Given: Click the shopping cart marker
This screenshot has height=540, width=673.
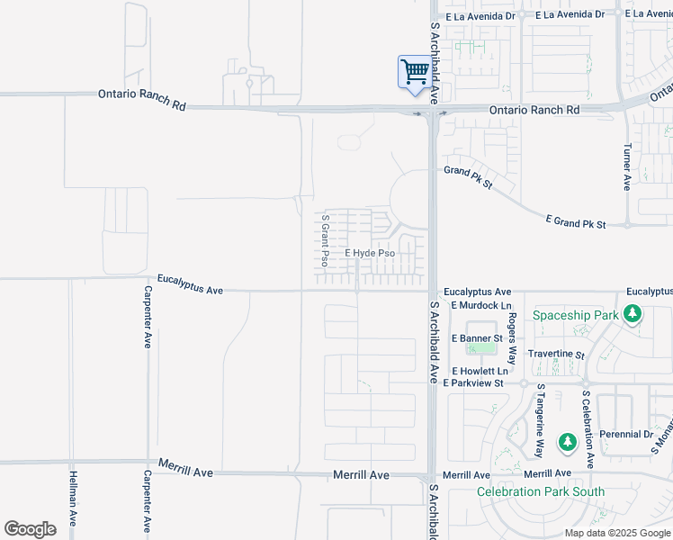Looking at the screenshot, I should coord(414,72).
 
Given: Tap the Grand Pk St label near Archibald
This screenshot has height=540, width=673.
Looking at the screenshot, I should coord(469,177).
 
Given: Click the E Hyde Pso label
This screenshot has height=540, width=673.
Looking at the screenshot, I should coord(371,254).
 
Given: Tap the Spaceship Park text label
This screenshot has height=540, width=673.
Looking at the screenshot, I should coord(576,315).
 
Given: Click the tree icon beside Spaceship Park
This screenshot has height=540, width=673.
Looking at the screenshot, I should coord(633,314).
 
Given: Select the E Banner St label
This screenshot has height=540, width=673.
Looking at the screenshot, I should coord(477,338).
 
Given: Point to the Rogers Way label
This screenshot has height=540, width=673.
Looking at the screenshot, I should coord(512,337).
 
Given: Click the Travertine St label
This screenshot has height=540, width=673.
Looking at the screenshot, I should coord(556,355).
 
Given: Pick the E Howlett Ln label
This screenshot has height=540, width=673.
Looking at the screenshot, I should coord(480,371).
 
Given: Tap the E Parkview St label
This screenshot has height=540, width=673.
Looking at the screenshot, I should coord(480,383).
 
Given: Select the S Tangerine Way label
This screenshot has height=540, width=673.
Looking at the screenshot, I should coord(541,421).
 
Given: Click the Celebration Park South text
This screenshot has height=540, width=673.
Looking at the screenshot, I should coord(540,492).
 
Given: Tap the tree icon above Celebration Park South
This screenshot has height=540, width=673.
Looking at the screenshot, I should coord(567,443).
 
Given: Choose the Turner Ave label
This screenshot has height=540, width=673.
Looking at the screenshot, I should coord(627,169).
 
